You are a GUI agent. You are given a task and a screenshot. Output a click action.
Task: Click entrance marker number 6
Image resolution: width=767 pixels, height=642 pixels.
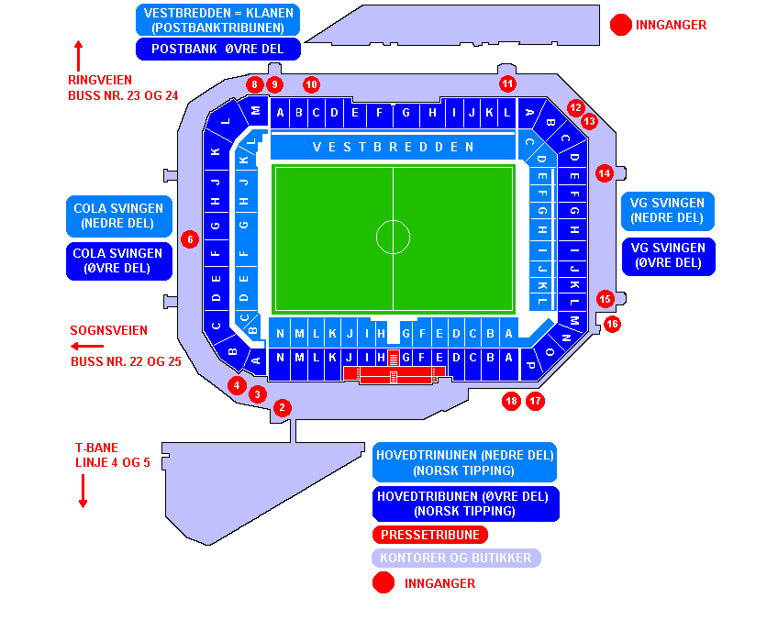tap(190, 239)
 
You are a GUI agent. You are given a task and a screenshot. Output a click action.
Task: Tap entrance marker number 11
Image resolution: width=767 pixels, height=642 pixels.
tap(507, 83)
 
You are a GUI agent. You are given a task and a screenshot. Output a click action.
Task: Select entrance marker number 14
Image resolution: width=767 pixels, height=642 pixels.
tap(604, 172)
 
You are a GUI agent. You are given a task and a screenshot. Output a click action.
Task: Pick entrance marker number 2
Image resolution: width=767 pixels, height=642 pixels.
tap(282, 407)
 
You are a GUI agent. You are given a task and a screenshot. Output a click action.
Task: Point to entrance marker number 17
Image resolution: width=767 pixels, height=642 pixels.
tap(536, 401)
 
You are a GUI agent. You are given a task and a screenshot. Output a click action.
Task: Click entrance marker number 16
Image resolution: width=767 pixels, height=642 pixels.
tap(612, 324)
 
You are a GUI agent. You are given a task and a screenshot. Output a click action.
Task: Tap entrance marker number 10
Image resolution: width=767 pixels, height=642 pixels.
tap(311, 84)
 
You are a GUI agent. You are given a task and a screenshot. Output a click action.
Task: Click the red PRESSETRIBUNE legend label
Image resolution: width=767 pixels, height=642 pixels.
tap(430, 535)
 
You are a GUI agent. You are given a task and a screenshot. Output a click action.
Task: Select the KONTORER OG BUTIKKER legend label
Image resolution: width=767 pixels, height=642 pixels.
tap(456, 558)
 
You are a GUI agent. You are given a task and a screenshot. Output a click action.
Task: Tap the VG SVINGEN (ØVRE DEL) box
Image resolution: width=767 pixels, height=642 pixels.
tap(667, 256)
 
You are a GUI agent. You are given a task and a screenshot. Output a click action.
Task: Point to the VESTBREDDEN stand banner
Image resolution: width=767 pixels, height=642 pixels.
tap(393, 147)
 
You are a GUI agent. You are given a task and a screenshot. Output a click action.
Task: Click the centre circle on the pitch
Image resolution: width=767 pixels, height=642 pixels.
tap(393, 237)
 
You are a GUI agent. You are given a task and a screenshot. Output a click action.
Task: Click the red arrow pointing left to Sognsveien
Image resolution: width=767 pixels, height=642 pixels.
tap(87, 347)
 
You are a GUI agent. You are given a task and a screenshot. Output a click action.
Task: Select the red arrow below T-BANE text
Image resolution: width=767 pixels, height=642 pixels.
tap(83, 491)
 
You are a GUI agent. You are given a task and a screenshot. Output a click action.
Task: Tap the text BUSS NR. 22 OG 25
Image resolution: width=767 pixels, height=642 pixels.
tap(126, 362)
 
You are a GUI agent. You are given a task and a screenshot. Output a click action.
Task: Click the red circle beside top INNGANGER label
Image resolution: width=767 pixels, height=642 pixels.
tap(622, 25)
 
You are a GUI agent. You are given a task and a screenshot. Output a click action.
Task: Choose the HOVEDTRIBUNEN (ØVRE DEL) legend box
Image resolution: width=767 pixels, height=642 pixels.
tap(465, 504)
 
